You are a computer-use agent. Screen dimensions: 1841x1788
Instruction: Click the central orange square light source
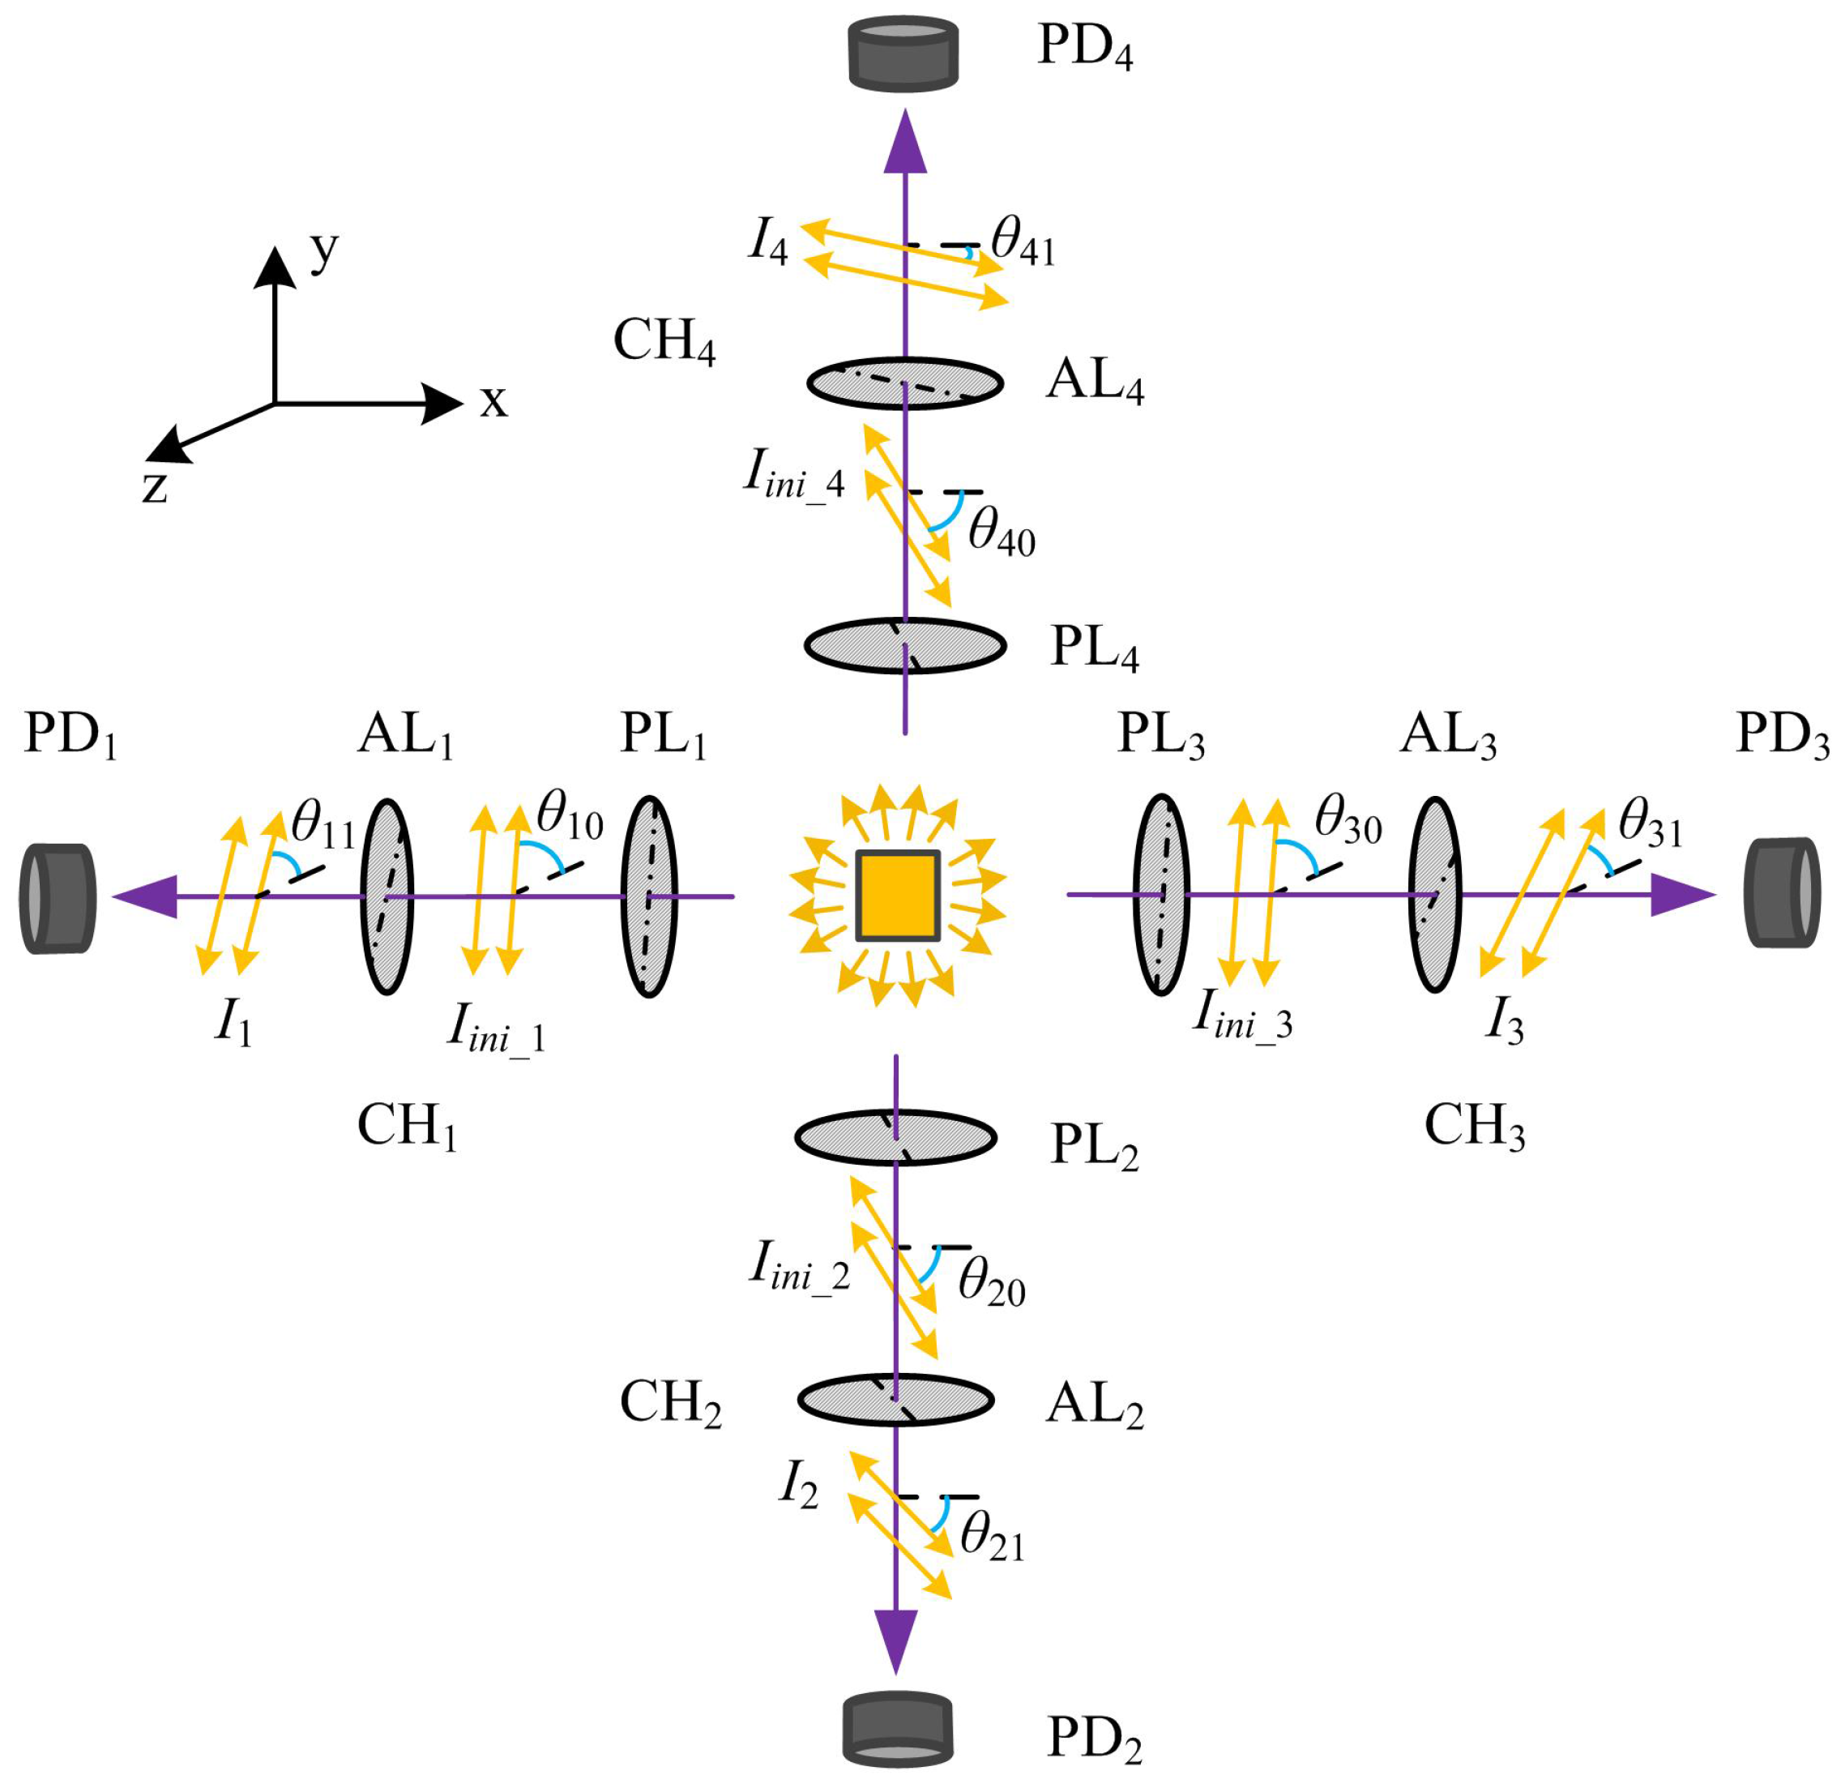[898, 896]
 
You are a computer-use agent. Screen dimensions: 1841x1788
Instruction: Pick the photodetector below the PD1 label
[58, 898]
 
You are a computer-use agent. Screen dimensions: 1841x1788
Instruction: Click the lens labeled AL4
[905, 383]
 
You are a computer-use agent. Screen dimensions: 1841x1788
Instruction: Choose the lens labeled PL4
[905, 645]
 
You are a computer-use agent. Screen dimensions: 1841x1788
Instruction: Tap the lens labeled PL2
[896, 1138]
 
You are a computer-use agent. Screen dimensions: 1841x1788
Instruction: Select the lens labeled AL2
[896, 1400]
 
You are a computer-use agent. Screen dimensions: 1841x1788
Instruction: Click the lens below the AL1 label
[387, 896]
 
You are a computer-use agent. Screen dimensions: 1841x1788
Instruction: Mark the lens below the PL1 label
[649, 896]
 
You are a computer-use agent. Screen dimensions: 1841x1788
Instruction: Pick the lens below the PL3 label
[1162, 895]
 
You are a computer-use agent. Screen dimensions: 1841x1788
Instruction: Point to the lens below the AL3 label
[1434, 895]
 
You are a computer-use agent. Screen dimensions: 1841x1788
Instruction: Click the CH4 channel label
[664, 342]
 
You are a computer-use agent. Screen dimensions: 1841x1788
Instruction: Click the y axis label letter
[324, 252]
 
